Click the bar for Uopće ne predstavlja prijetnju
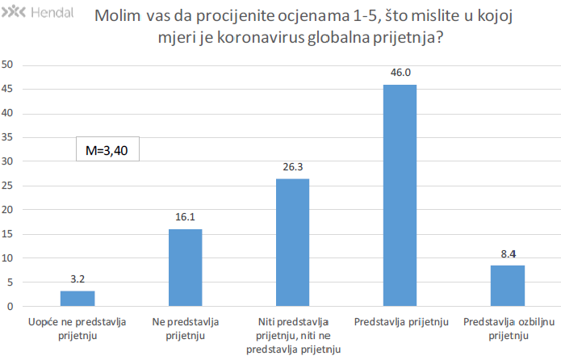tap(77, 299)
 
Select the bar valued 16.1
tap(185, 268)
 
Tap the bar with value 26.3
tap(293, 243)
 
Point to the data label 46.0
tap(400, 73)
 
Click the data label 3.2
tap(77, 279)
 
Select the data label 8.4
tap(508, 253)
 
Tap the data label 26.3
tap(293, 167)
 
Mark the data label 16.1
tap(185, 217)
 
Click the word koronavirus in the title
tap(262, 38)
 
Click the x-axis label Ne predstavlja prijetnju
tap(185, 329)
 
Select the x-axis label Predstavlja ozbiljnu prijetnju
tap(508, 329)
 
